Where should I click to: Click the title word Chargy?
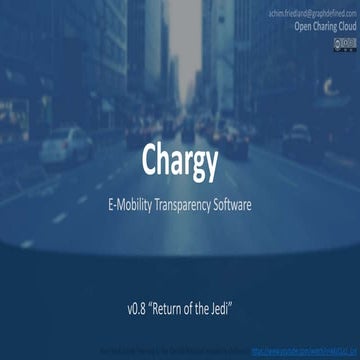(179, 161)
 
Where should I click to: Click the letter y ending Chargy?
(209, 164)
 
